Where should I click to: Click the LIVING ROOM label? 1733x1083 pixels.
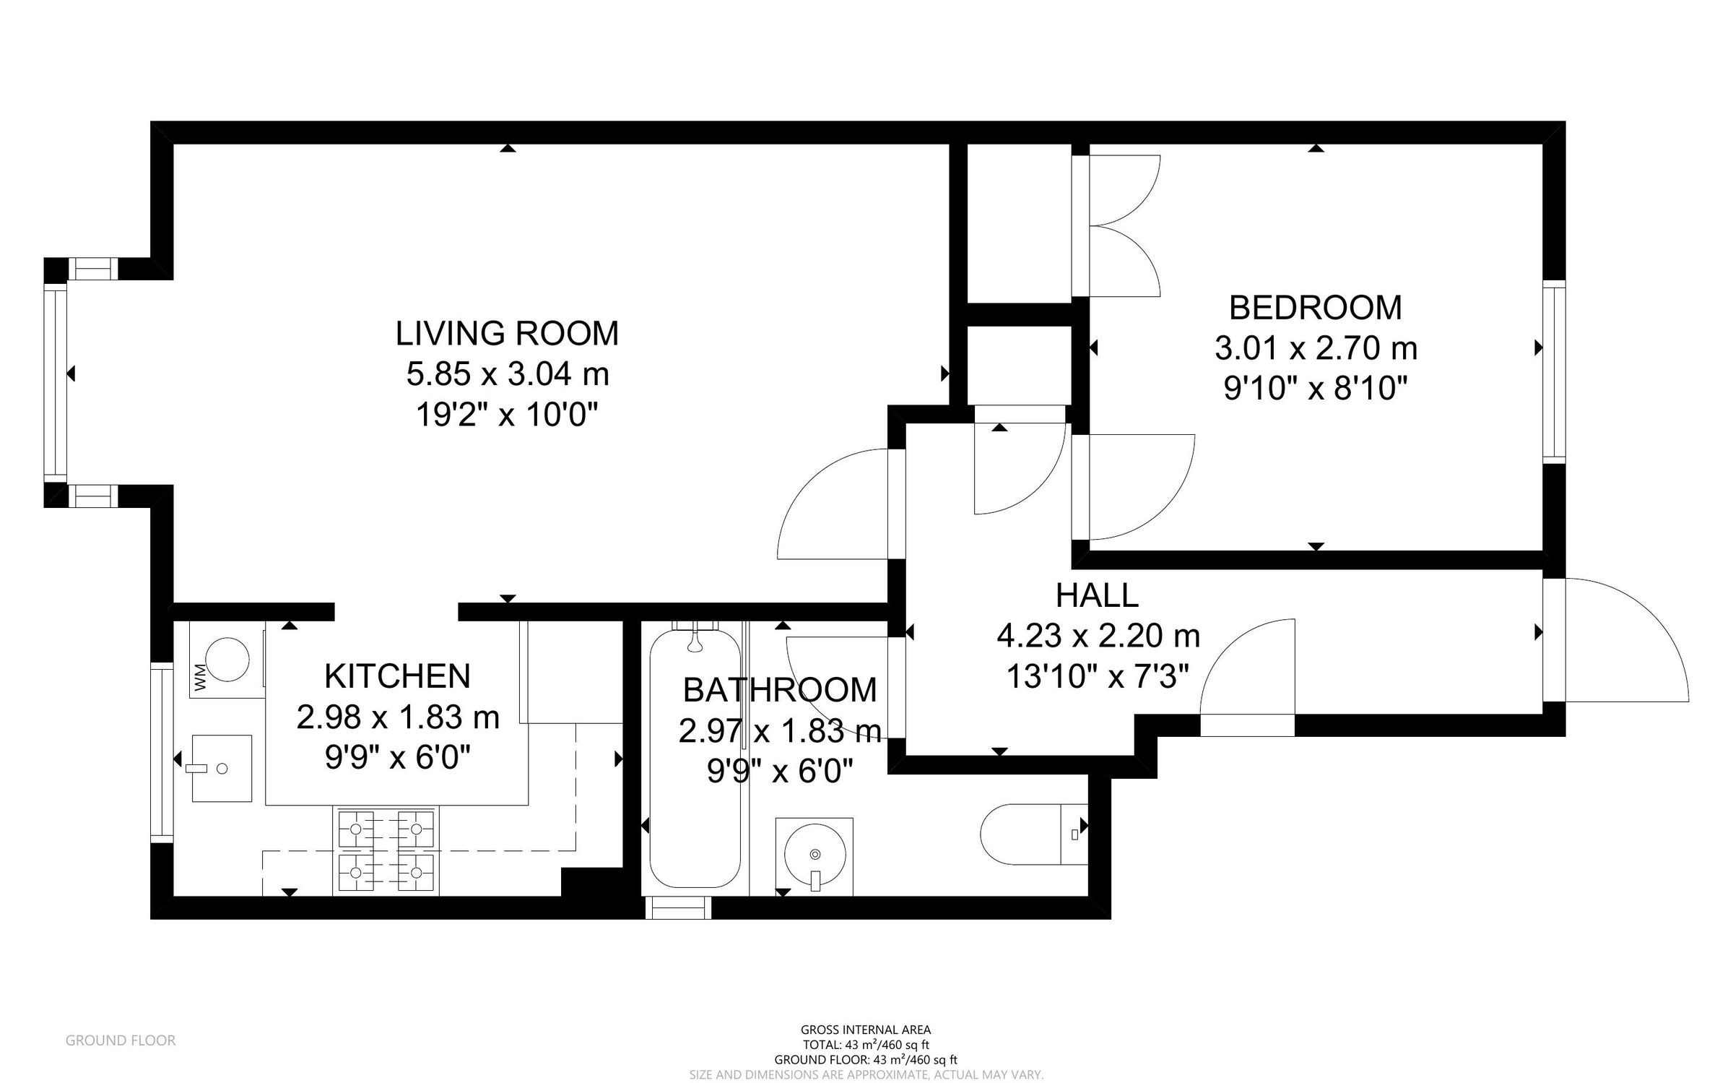coord(507,334)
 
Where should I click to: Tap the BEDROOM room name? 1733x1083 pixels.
coord(1315,308)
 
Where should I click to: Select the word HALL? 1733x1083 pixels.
coord(1096,596)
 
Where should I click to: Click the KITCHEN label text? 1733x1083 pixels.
coord(397,677)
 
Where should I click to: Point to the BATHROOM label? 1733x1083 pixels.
coord(779,691)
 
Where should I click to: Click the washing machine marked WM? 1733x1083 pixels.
coord(227,660)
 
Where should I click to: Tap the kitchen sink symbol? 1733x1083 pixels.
coord(221,769)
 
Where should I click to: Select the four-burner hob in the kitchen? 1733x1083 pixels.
coord(386,851)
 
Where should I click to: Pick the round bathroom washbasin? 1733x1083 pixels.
coord(815,855)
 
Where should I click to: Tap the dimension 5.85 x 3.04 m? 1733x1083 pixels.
coord(507,374)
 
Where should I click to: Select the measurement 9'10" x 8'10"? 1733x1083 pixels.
coord(1315,389)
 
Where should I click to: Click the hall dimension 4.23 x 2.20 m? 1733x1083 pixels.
coord(1098,637)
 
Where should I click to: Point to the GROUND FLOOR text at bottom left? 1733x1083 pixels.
coord(120,1040)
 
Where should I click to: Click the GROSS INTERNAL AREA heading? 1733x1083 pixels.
coord(865,1030)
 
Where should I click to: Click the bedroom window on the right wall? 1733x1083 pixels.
coord(1554,371)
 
